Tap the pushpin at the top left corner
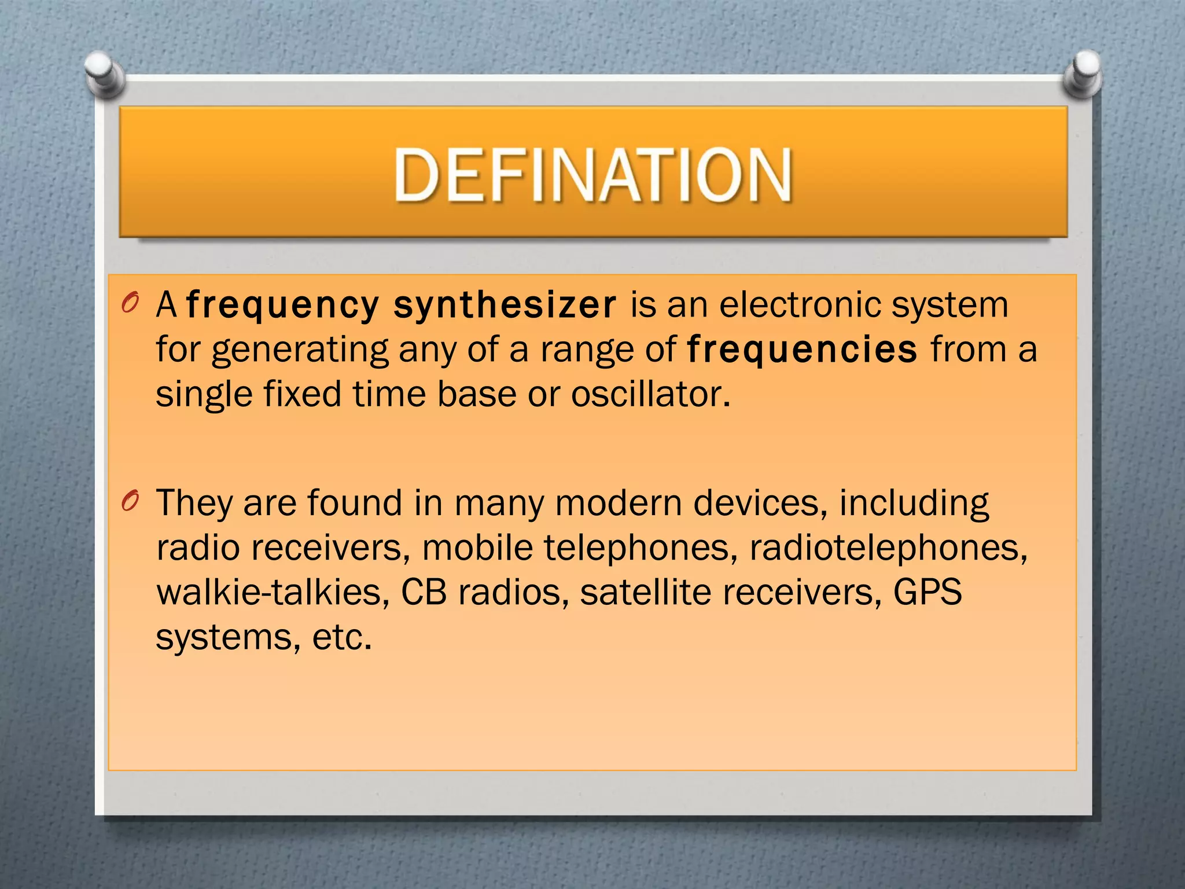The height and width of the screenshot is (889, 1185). (x=103, y=73)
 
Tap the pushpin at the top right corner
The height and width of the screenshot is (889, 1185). (x=1083, y=73)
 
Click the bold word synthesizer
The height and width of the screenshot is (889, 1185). (x=505, y=306)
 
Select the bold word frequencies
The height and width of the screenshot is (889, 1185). (x=802, y=350)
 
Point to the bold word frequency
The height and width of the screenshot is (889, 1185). (x=283, y=306)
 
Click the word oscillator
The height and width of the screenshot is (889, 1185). (x=651, y=394)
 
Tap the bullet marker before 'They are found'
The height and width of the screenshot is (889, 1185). (x=131, y=501)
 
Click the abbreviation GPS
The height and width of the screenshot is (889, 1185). (x=928, y=592)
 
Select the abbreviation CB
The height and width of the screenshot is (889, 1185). (x=424, y=592)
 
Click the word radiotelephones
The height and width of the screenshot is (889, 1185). (x=888, y=548)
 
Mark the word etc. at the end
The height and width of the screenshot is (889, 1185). (x=341, y=637)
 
